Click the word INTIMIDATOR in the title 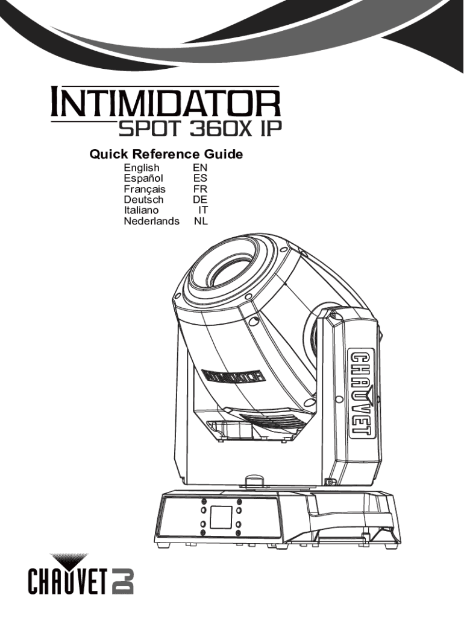tap(165, 104)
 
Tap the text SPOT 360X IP tap(199, 129)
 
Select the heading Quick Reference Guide tap(166, 154)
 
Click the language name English tap(142, 167)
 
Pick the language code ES tap(200, 178)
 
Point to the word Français tap(145, 189)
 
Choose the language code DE tap(200, 200)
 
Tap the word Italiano tap(142, 211)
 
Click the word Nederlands tap(151, 221)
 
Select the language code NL tap(201, 221)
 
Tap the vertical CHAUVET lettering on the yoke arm tap(360, 393)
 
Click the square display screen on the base tap(220, 516)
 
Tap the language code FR tap(201, 189)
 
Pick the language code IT tap(203, 211)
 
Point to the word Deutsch tap(143, 200)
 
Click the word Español tap(143, 178)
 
